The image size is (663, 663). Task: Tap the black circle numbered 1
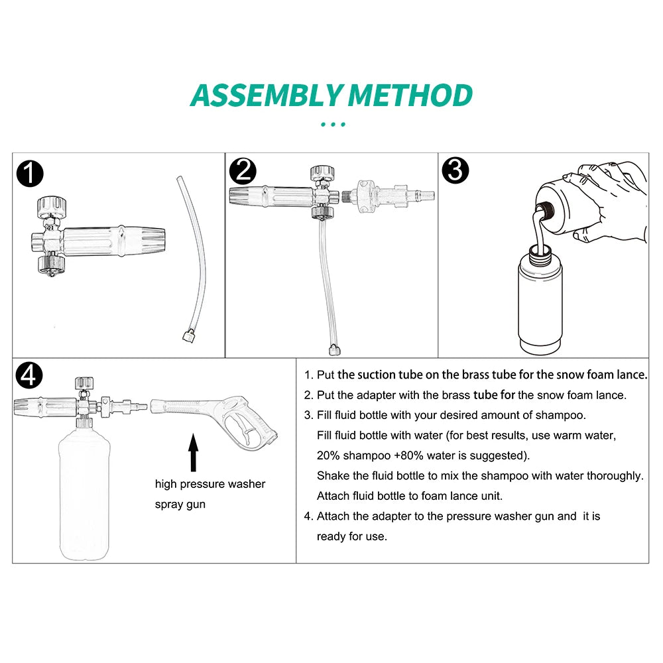pyautogui.click(x=30, y=173)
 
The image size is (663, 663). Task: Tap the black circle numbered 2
pyautogui.click(x=243, y=171)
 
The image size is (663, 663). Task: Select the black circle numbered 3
pyautogui.click(x=455, y=170)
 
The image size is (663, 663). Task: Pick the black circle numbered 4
pyautogui.click(x=29, y=375)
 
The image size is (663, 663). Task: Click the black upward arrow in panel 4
pyautogui.click(x=193, y=452)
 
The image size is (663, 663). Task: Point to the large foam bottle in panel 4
pyautogui.click(x=84, y=493)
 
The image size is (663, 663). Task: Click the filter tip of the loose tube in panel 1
pyautogui.click(x=188, y=337)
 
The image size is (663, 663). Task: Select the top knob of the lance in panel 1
pyautogui.click(x=52, y=207)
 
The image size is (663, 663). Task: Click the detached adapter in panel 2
pyautogui.click(x=388, y=196)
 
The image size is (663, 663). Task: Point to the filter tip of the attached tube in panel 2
pyautogui.click(x=334, y=349)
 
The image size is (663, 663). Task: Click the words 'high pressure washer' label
pyautogui.click(x=210, y=484)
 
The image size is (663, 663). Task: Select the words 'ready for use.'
pyautogui.click(x=352, y=536)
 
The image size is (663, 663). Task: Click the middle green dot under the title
pyautogui.click(x=333, y=125)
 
